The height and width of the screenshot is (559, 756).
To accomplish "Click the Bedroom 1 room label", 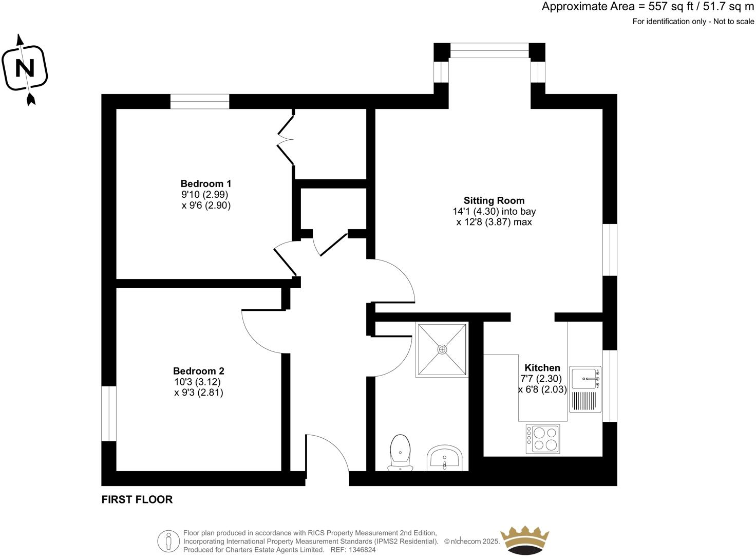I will (x=205, y=183).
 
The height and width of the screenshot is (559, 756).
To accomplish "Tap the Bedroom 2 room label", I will (x=198, y=371).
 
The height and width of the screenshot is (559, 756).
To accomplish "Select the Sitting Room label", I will (x=494, y=200).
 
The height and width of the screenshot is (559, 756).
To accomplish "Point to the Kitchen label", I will (x=542, y=368).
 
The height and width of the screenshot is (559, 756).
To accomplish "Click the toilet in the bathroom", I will (x=401, y=452).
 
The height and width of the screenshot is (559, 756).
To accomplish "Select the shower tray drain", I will (x=442, y=349).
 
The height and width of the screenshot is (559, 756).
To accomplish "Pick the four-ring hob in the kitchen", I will (x=542, y=439).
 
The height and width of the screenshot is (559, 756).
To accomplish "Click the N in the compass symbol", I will (x=25, y=68).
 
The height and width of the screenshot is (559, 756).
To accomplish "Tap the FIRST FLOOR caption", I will (x=137, y=499).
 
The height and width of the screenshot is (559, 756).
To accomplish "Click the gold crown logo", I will (x=525, y=540).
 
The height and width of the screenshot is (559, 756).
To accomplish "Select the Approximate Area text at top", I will (x=648, y=7).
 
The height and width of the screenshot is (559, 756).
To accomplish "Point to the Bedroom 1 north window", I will (x=200, y=102).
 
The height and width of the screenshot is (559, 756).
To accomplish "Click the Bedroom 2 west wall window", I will (x=109, y=414).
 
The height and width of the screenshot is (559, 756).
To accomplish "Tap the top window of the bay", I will (x=489, y=50).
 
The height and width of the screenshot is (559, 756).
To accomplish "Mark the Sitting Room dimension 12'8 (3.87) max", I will (x=494, y=222).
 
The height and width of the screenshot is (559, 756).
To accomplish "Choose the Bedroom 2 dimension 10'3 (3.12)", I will (x=198, y=382).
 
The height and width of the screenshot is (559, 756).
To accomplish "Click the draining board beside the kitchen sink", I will (x=583, y=401).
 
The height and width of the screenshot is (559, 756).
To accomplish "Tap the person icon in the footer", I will (x=168, y=541).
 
